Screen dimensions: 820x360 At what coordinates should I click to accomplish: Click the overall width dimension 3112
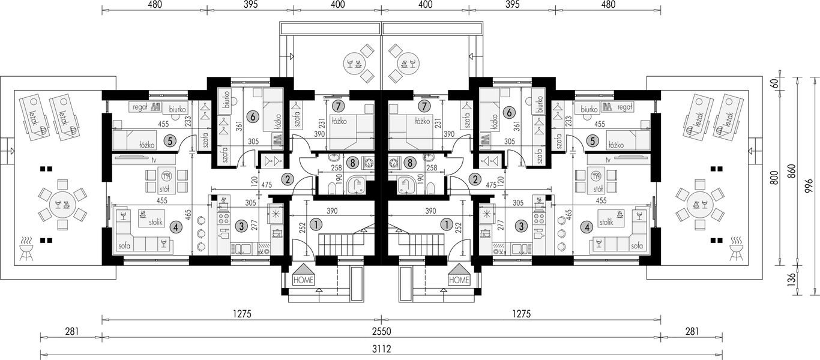(381, 349)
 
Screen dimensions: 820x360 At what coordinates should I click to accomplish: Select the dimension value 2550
(381, 331)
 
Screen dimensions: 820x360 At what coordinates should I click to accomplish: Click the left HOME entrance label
(304, 280)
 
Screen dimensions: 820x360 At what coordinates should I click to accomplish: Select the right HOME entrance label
(459, 280)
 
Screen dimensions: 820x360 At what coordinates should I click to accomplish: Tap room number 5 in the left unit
(169, 140)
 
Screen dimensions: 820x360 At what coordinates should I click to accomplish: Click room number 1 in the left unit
(316, 224)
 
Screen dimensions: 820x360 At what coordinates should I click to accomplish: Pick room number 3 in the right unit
(521, 226)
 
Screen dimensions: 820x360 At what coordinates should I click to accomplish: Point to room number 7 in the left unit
(338, 106)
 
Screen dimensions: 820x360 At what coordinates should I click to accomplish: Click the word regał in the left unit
(140, 107)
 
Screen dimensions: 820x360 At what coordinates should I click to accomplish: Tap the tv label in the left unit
(154, 160)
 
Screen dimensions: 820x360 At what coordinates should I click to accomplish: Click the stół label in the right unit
(598, 189)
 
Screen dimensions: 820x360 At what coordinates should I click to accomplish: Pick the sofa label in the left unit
(124, 246)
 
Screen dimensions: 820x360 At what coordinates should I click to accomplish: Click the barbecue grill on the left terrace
(26, 248)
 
